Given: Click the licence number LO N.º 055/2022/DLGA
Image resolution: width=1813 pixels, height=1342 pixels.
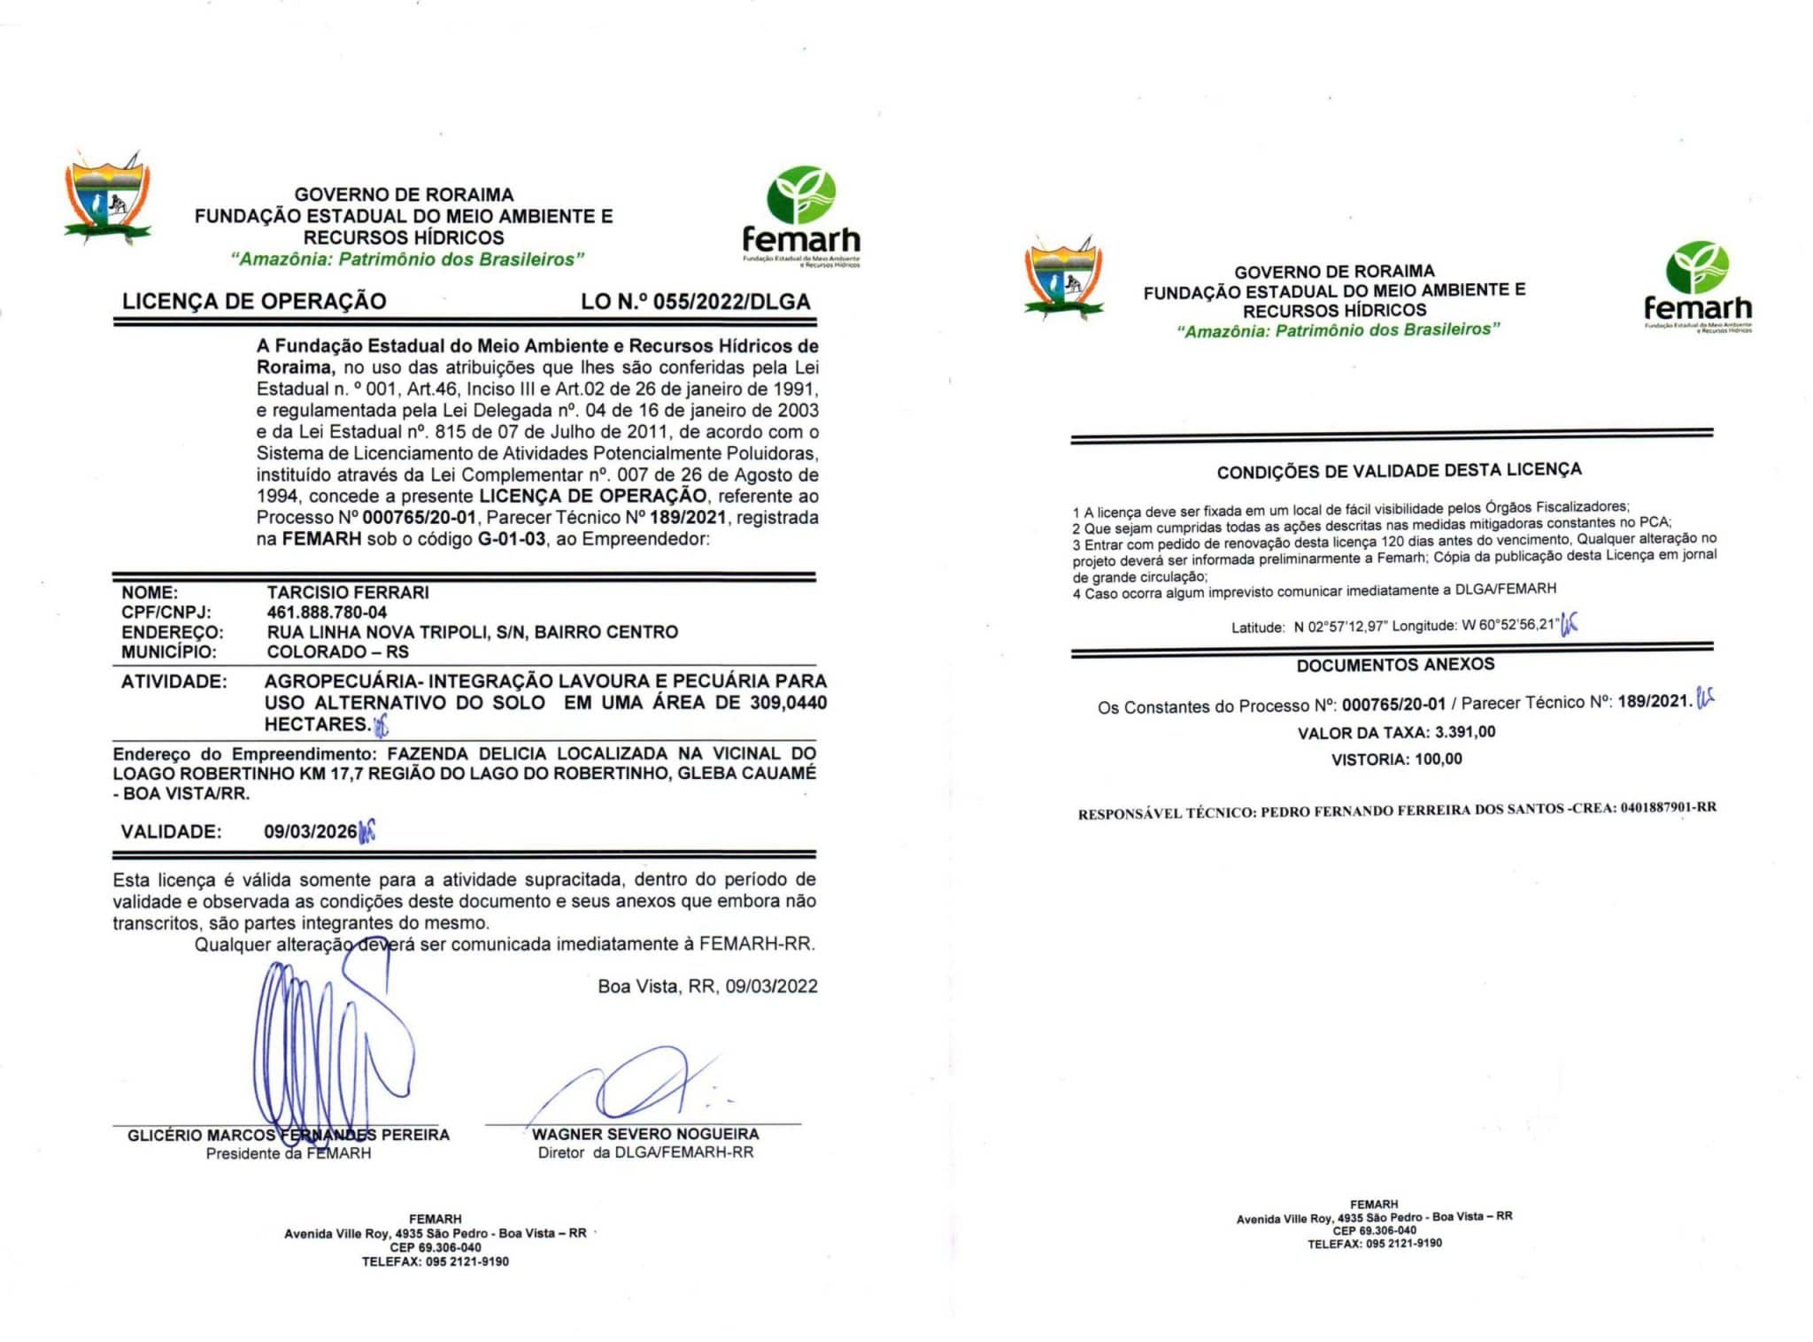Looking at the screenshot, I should coord(695,302).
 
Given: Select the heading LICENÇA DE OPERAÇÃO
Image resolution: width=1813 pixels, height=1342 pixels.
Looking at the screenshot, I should coord(254,301).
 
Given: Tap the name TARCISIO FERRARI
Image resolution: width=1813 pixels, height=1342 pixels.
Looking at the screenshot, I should coord(348,592).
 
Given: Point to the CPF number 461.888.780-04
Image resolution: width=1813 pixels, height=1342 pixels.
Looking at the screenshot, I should coord(327,613).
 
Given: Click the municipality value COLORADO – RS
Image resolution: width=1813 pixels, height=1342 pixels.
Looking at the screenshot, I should coord(337,652).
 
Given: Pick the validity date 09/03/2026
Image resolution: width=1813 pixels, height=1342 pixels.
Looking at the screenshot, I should coord(311,832).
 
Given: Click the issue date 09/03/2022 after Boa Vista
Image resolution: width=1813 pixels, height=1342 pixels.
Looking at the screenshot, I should coord(771,987).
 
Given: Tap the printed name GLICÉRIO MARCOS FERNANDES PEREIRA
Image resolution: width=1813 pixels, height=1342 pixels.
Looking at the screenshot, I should coord(288,1136).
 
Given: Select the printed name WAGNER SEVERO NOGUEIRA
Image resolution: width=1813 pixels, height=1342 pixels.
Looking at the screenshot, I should coord(645,1135).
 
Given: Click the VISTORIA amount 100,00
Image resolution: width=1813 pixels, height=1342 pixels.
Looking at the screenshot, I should coord(1439,759).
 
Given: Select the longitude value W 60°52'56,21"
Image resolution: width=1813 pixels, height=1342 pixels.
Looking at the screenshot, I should coord(1509,625).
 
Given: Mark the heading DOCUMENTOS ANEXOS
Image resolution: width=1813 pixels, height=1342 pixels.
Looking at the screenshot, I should coord(1395,665).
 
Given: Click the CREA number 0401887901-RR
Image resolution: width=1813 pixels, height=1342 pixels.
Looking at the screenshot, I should coord(1669,807).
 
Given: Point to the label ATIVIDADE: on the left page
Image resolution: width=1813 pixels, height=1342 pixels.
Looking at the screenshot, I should coord(174,682).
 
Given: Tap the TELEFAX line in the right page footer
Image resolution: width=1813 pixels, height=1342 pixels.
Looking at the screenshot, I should coord(1374,1244).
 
